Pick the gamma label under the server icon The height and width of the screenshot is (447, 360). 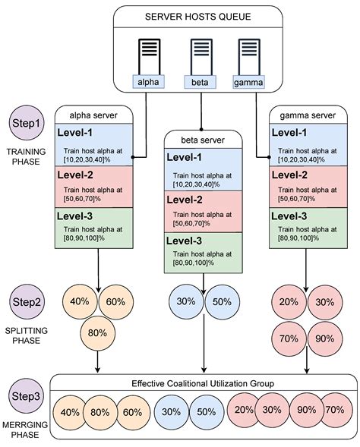248,80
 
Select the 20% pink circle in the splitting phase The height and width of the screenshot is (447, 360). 289,301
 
